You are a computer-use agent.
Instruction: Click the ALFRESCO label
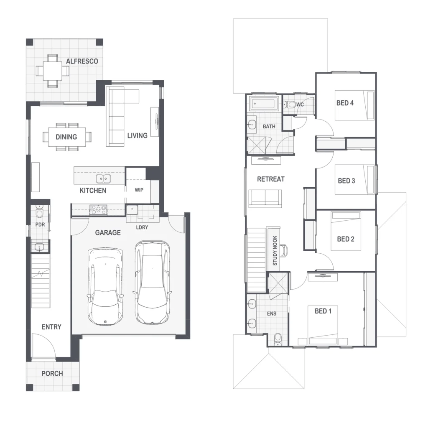[82, 61]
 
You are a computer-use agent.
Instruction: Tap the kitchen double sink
[103, 179]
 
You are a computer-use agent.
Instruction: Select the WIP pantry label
[139, 190]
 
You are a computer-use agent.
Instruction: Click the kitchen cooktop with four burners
[98, 210]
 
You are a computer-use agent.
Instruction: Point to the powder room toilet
[40, 212]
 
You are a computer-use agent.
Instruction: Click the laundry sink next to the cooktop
[132, 210]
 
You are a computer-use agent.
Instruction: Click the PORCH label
[52, 373]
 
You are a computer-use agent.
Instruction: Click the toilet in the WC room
[290, 104]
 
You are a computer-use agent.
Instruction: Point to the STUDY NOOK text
[275, 251]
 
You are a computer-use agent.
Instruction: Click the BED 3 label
[346, 181]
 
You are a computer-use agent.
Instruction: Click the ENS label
[272, 313]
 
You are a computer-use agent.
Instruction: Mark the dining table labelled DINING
[67, 137]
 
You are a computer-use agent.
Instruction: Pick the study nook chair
[284, 251]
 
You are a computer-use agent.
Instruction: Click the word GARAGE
[108, 232]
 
